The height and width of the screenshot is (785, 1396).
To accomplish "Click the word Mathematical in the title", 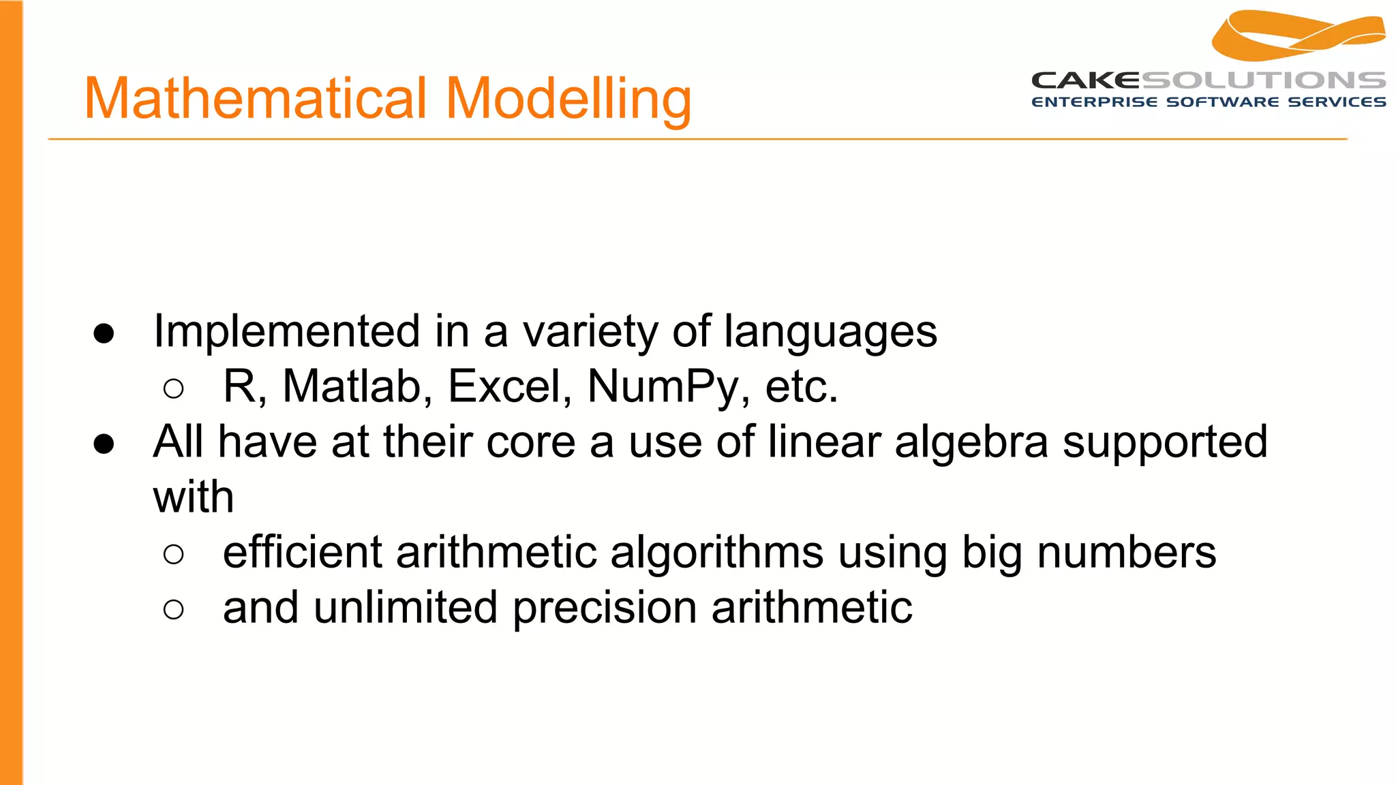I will pos(256,98).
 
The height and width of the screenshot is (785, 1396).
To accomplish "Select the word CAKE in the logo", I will pos(1085,80).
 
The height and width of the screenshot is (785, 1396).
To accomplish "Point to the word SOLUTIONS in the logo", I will pos(1263,80).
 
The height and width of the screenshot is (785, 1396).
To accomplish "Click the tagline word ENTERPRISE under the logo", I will pos(1094,102).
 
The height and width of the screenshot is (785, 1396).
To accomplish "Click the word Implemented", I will pos(286,332).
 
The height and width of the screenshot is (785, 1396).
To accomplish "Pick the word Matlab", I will pos(357,386).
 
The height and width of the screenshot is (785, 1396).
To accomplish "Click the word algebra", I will pos(971,442).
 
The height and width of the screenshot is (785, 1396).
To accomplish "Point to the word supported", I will pos(1165,444).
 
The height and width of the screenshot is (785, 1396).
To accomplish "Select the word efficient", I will pos(302,552).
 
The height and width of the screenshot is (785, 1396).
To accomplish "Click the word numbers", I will pos(1126,553).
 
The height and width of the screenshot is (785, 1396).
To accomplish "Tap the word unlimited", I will pos(406,607).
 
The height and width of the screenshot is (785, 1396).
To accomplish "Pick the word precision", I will pos(604,609).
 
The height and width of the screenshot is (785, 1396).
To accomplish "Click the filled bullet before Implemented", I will pos(104,333).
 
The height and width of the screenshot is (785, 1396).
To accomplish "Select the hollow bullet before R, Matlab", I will pos(174,388).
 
